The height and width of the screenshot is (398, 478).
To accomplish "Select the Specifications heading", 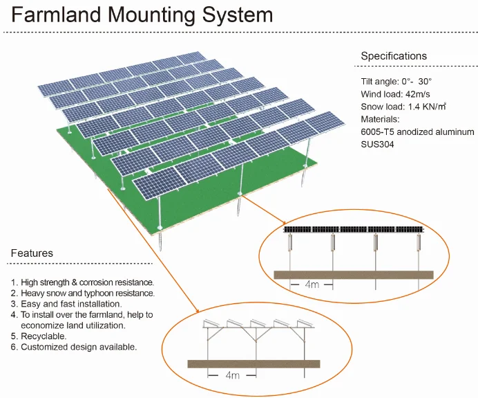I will [x=394, y=56].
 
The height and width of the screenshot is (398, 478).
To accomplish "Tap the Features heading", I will [x=32, y=253].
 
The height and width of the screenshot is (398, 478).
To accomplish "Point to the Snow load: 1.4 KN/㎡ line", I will [x=403, y=107].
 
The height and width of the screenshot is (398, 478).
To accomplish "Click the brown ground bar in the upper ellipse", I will [x=353, y=275].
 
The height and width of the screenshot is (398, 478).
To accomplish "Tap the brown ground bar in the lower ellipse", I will [x=254, y=363].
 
